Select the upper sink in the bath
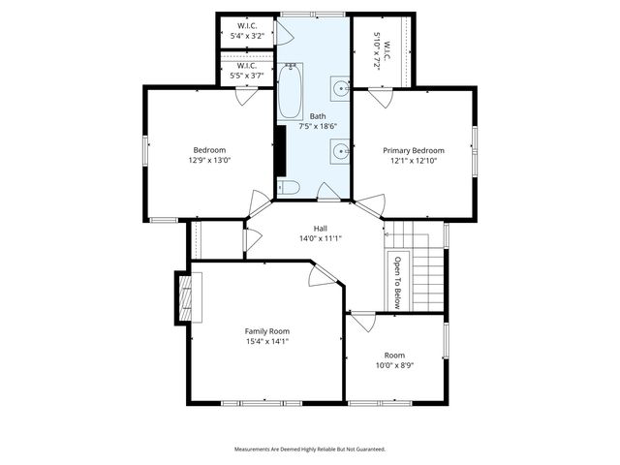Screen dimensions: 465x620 tap(341, 89)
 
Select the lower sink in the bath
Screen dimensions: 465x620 tap(341, 151)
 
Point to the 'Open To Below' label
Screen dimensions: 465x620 tap(396, 280)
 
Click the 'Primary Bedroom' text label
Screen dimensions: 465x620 tap(414, 150)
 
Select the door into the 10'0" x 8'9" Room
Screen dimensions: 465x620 tap(357, 321)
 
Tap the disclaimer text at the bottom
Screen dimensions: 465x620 tap(310, 449)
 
